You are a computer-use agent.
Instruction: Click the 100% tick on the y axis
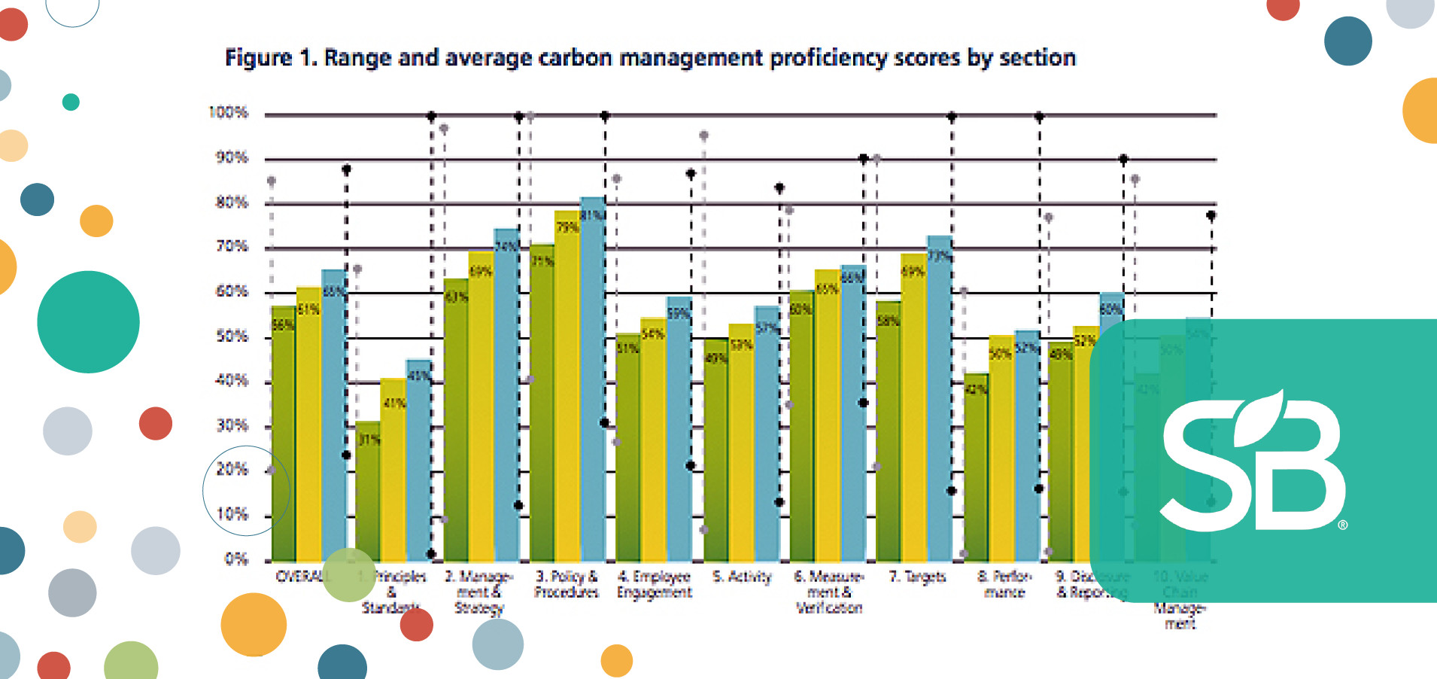click(x=228, y=112)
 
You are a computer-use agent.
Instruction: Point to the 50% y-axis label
click(x=232, y=336)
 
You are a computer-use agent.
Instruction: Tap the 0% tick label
click(x=235, y=559)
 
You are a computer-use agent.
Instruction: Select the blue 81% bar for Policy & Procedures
click(x=593, y=376)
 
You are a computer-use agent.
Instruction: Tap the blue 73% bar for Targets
click(x=939, y=399)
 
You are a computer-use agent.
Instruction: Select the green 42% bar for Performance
click(x=976, y=467)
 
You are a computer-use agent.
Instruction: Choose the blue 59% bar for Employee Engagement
click(x=678, y=429)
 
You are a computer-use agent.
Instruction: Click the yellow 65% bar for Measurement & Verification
click(x=827, y=414)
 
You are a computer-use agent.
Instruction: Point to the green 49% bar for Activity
click(x=715, y=452)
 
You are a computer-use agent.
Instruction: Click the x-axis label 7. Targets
click(x=917, y=577)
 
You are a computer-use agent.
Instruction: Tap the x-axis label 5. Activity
click(x=742, y=577)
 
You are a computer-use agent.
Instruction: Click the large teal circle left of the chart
click(x=88, y=321)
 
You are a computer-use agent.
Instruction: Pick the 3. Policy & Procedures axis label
click(x=567, y=584)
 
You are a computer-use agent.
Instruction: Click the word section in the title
click(x=1037, y=58)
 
